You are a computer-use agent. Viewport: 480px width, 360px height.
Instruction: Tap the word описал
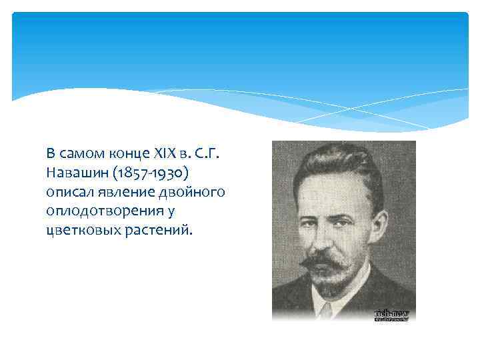68,193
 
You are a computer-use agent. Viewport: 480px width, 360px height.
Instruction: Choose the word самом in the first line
82,154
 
